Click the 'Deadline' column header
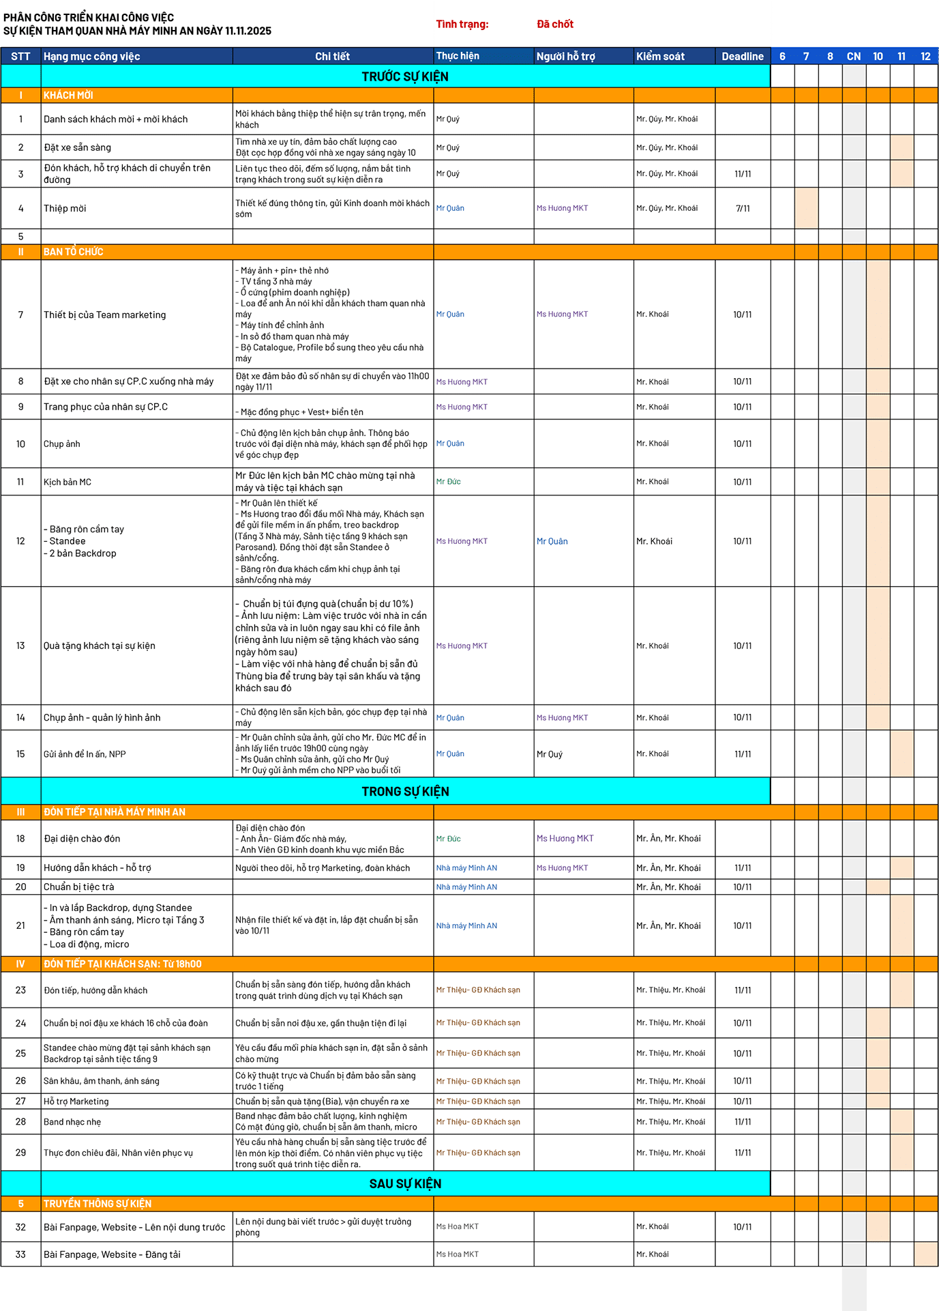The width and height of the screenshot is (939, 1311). point(742,57)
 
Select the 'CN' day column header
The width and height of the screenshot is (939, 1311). point(854,57)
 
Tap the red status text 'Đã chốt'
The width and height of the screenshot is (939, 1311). point(554,25)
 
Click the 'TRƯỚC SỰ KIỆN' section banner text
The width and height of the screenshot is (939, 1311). point(405,76)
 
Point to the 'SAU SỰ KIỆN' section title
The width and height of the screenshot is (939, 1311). point(405,1183)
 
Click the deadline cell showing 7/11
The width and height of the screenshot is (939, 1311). point(743,208)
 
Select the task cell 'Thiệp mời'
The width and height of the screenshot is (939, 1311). point(65,208)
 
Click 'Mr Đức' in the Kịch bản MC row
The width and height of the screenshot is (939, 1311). point(449,482)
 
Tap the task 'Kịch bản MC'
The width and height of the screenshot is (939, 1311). point(68,482)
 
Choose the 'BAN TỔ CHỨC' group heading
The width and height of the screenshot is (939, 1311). point(74,252)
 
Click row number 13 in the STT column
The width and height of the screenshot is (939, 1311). point(20,646)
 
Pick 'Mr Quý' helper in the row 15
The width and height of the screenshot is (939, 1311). point(550,754)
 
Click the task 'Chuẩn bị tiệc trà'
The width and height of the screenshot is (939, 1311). point(79,887)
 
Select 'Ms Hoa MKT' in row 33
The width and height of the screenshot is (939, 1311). point(458,1254)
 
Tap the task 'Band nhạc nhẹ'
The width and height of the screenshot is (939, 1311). point(72,1122)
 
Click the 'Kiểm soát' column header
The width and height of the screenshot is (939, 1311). point(660,57)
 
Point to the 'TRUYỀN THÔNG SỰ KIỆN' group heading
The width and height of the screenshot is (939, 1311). point(98,1204)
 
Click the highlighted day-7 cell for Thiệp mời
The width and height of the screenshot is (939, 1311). point(806,208)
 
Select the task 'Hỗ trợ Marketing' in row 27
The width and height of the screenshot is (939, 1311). point(76,1101)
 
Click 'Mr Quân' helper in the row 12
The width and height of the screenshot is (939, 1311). point(552,541)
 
